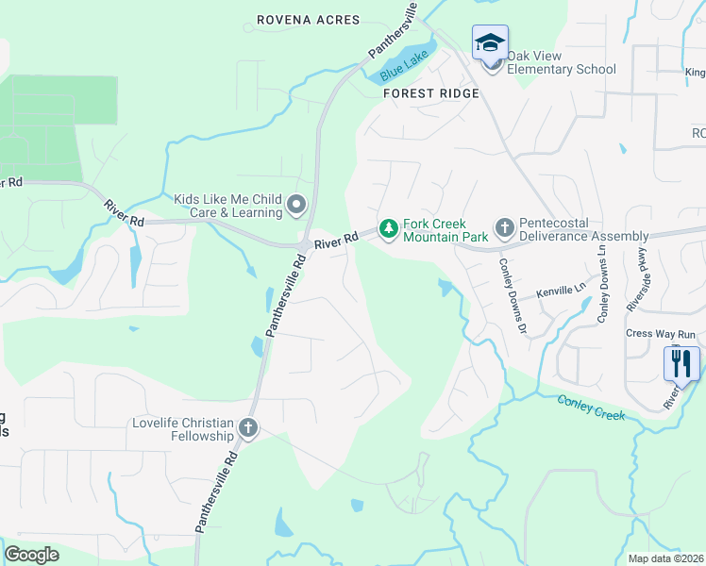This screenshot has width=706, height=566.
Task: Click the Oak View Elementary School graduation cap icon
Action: click(490, 42)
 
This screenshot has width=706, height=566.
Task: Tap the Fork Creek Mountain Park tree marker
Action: click(387, 227)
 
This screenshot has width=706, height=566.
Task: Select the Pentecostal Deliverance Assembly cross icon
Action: click(504, 227)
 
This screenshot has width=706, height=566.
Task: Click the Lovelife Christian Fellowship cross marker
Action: click(248, 428)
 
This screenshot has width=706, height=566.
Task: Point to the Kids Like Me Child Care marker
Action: click(296, 205)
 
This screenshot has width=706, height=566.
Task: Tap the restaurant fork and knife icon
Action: click(681, 362)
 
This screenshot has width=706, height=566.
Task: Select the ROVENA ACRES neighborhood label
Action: click(309, 20)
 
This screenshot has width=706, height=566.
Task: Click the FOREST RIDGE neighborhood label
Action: click(431, 93)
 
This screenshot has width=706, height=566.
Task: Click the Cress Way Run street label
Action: click(661, 334)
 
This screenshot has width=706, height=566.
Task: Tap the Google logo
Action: click(31, 555)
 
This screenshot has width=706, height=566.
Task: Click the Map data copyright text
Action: click(666, 558)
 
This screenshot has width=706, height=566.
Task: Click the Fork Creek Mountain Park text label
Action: click(445, 230)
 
